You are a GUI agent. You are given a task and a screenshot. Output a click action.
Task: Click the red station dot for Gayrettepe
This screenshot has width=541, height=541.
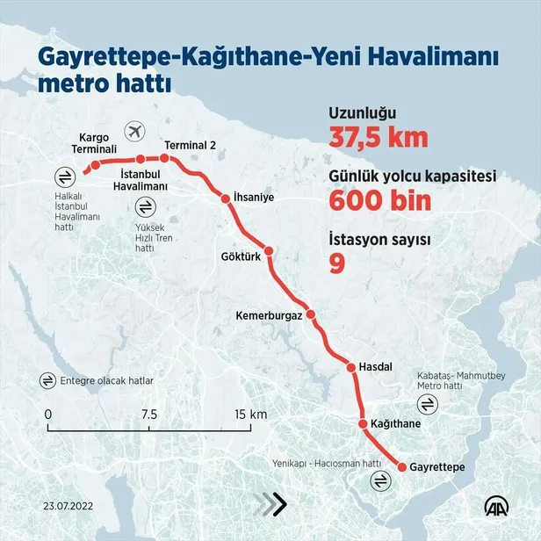[x=402, y=467]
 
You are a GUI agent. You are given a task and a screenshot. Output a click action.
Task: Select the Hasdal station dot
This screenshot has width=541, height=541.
[x=350, y=367]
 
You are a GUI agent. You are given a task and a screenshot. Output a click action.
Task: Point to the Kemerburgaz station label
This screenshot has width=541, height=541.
[x=269, y=314]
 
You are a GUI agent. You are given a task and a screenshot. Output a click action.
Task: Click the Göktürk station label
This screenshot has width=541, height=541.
[x=242, y=256]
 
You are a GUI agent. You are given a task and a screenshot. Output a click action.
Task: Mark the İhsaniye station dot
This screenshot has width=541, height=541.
[x=226, y=198]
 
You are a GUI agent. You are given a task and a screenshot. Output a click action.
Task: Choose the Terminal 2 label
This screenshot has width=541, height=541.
[x=190, y=145]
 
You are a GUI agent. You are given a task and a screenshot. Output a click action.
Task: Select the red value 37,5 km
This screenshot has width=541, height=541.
[x=378, y=138]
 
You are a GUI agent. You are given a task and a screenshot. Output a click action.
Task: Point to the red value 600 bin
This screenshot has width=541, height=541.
[x=380, y=200]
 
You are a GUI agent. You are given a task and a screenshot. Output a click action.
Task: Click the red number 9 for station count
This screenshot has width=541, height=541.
[x=336, y=263]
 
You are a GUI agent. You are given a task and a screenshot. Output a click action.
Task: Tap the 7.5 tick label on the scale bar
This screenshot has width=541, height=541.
[x=148, y=414]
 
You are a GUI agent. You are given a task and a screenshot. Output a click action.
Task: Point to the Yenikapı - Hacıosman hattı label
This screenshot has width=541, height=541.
[x=327, y=463]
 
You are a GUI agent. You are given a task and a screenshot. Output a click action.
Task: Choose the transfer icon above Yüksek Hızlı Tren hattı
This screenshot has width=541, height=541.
[x=144, y=207]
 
